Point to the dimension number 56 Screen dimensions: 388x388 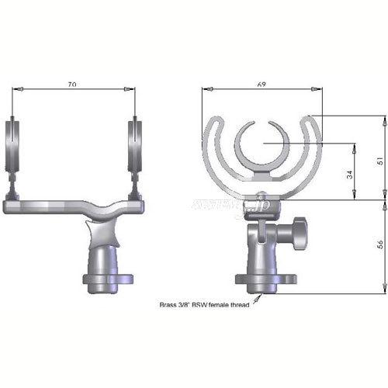coord(379,247)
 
